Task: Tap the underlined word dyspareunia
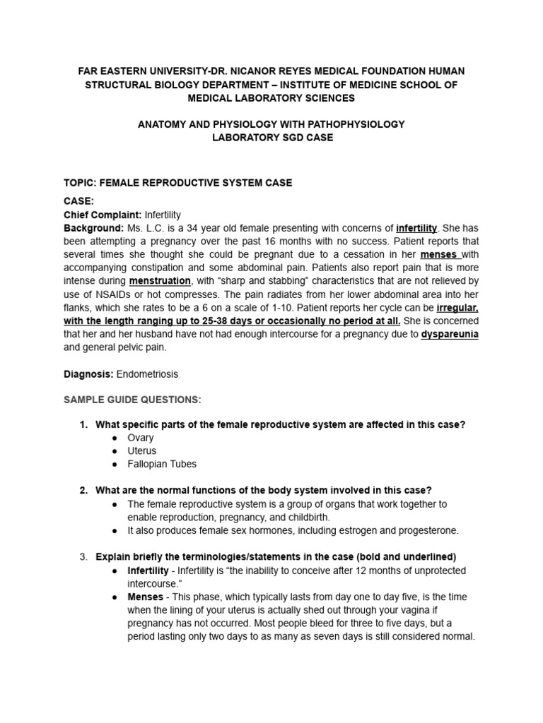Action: [x=450, y=334]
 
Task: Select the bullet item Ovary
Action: [x=140, y=438]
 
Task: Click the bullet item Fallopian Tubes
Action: [x=162, y=464]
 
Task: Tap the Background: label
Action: [x=94, y=228]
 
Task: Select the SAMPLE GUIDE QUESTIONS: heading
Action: [x=132, y=400]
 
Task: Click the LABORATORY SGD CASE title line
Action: [x=272, y=137]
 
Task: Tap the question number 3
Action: [x=83, y=556]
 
